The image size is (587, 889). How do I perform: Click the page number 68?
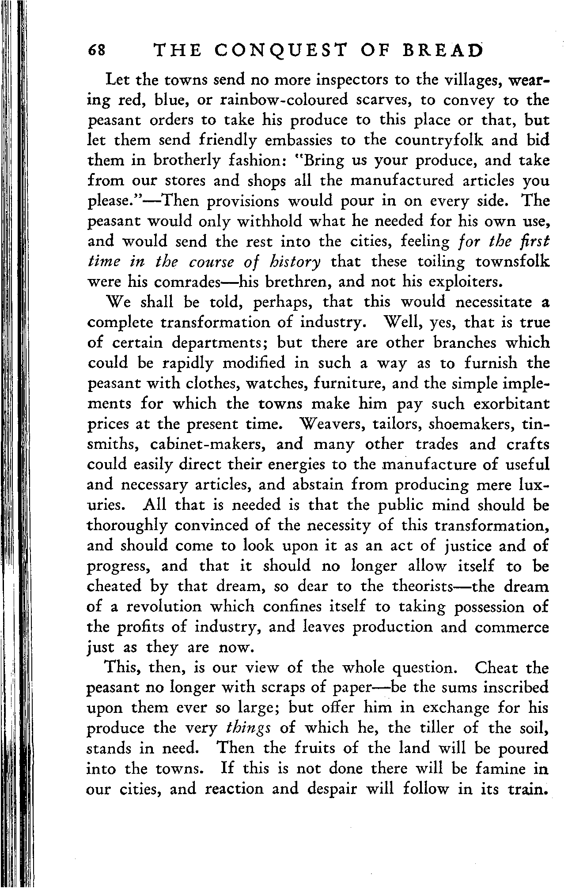pyautogui.click(x=97, y=51)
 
